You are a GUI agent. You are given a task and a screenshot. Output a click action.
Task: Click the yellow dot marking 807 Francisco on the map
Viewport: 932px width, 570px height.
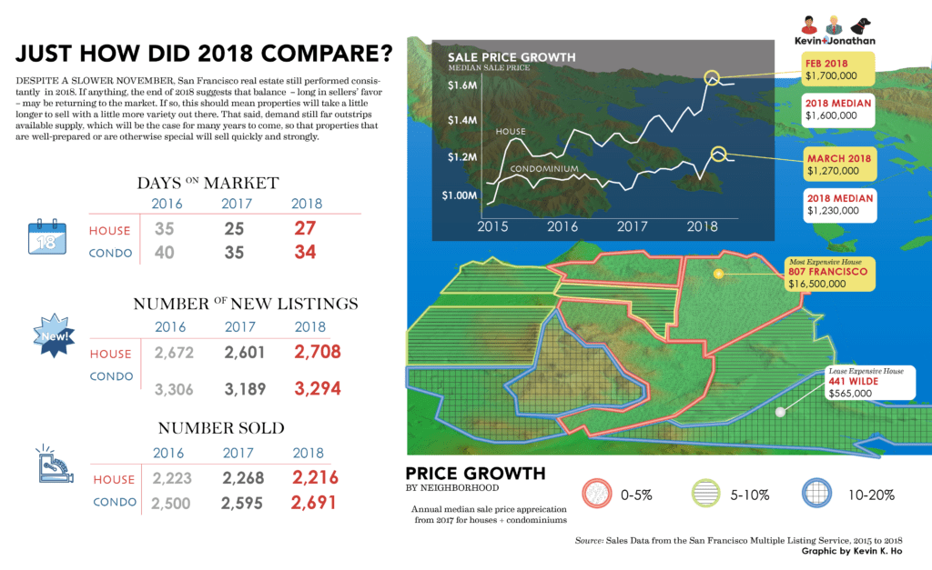718,273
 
